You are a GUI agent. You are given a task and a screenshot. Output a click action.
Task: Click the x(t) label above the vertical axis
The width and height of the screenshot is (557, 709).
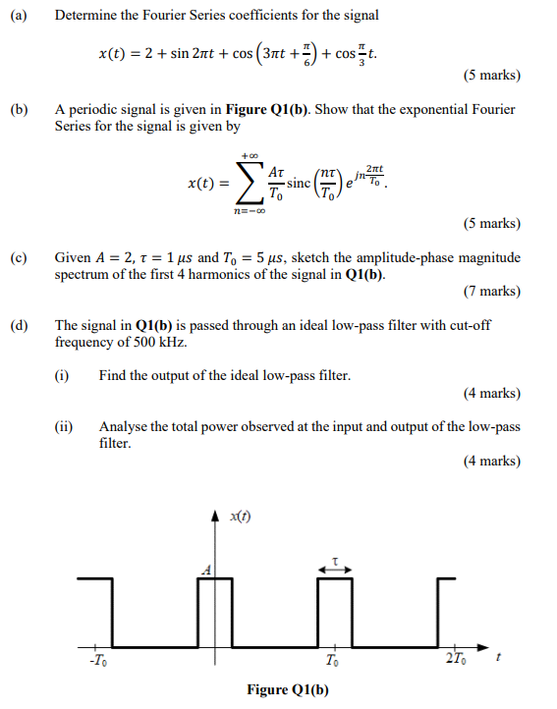(x=239, y=518)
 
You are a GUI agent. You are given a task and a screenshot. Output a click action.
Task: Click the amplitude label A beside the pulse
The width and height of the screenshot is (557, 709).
(x=205, y=570)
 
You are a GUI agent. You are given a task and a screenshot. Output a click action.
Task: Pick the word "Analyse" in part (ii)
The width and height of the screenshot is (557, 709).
(x=123, y=427)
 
